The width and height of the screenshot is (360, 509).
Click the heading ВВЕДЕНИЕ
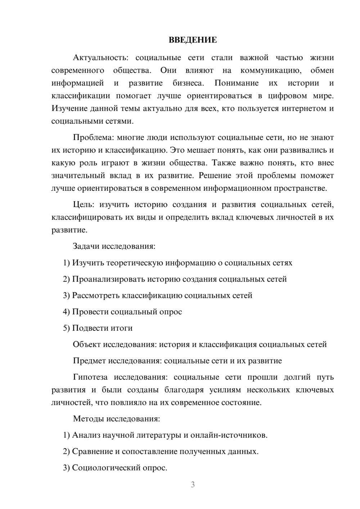[x=193, y=40]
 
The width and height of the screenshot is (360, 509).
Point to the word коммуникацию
[x=271, y=70]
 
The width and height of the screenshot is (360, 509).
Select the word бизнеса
[x=188, y=83]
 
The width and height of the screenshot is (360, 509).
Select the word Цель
[x=84, y=205]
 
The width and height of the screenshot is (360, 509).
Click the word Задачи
[x=86, y=247]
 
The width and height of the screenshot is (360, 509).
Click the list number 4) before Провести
[x=66, y=312]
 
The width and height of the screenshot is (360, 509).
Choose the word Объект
[x=87, y=344]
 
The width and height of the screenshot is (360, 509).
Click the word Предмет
[x=89, y=361]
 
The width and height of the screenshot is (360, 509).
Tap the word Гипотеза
[x=90, y=377]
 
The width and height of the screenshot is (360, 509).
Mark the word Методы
[x=87, y=419]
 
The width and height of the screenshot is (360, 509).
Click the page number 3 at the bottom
[x=193, y=485]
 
